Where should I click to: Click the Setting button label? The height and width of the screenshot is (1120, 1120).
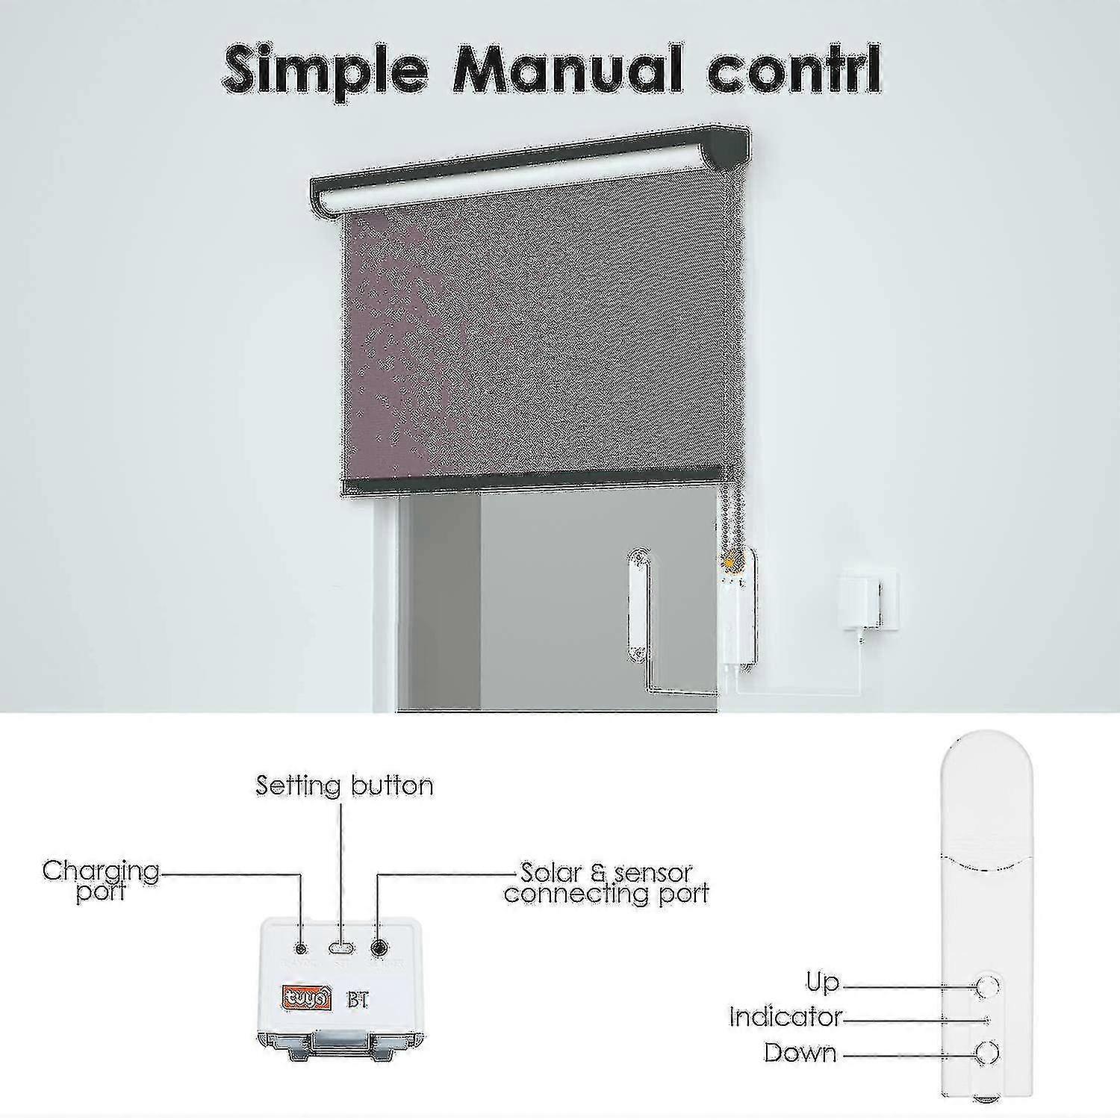coord(344,785)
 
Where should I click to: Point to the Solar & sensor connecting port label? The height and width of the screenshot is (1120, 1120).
coord(606,883)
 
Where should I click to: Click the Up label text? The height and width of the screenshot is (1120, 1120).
coord(823,983)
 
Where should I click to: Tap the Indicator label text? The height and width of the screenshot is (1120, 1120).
coord(785,1017)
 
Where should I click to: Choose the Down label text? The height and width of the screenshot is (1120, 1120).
coord(800,1053)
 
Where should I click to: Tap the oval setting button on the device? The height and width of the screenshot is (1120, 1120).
coord(342,948)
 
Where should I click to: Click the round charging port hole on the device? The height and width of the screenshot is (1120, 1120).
coord(301,948)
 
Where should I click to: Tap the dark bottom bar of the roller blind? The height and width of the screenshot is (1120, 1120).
coord(530,486)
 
